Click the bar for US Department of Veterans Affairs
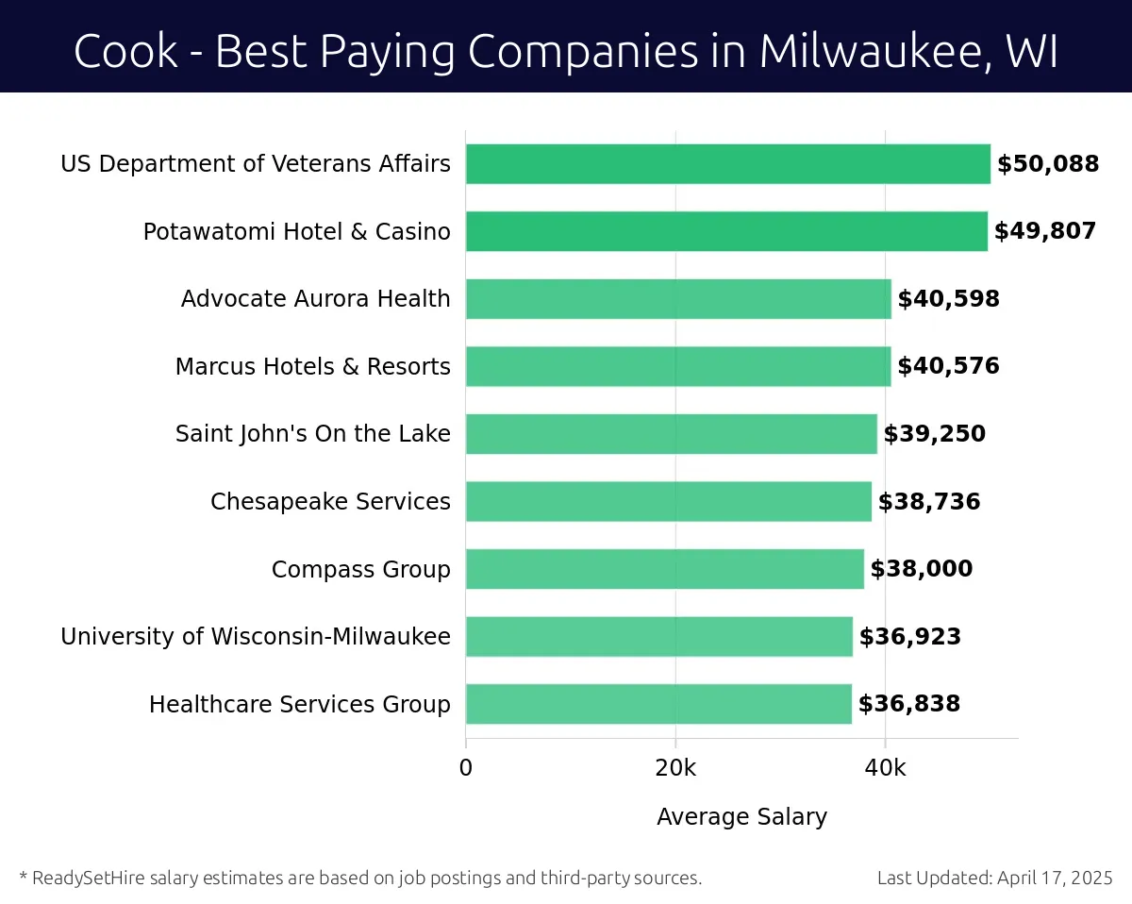727,164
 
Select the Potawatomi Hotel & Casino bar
726,231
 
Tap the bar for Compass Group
664,569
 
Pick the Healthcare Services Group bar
658,704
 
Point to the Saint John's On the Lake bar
671,434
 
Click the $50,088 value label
1048,164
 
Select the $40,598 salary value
948,299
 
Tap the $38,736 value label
929,502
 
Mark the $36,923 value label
909,637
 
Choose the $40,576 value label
948,366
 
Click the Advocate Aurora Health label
315,299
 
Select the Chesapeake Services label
330,502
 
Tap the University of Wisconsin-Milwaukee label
255,637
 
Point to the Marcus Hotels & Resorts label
312,366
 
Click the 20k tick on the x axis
675,768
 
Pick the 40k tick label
885,768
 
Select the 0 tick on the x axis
466,768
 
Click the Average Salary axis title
741,817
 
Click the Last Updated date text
994,879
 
